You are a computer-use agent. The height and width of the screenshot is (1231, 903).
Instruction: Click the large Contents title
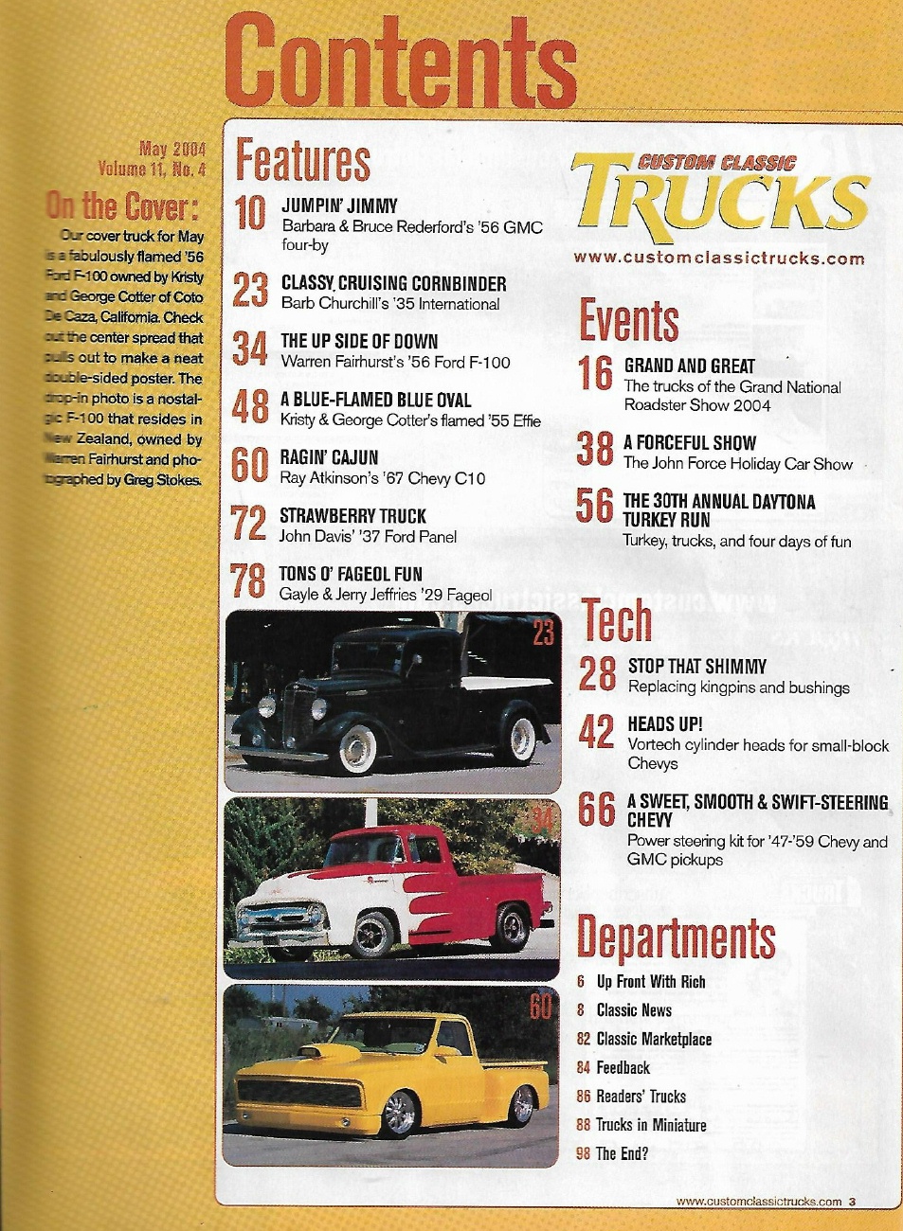[x=401, y=62]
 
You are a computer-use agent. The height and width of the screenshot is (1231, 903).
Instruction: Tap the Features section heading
[x=302, y=160]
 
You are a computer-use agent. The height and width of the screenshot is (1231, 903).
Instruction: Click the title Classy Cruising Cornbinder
[x=393, y=283]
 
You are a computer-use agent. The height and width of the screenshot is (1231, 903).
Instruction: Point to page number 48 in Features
[x=250, y=407]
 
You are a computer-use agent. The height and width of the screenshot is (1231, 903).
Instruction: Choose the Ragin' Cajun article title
[x=329, y=457]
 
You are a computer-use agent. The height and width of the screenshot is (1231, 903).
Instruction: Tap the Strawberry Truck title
[x=352, y=516]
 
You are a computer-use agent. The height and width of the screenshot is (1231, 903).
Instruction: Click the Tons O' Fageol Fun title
[x=351, y=574]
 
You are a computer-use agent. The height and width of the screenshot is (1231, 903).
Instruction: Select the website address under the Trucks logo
[x=718, y=258]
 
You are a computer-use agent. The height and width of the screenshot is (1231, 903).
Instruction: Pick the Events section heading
[x=629, y=320]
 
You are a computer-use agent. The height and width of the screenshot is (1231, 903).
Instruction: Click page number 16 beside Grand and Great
[x=595, y=373]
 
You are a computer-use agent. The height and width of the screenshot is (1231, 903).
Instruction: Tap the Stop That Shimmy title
[x=697, y=667]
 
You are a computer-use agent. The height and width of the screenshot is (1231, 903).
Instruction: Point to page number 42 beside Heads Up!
[x=596, y=731]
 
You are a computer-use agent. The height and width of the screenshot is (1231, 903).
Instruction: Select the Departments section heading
[x=676, y=937]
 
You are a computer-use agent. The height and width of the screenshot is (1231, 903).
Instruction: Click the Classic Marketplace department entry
[x=654, y=1039]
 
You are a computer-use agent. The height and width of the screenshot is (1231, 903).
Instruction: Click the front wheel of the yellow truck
[x=399, y=1114]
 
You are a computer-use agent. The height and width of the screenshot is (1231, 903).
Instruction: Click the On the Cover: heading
[x=122, y=205]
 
